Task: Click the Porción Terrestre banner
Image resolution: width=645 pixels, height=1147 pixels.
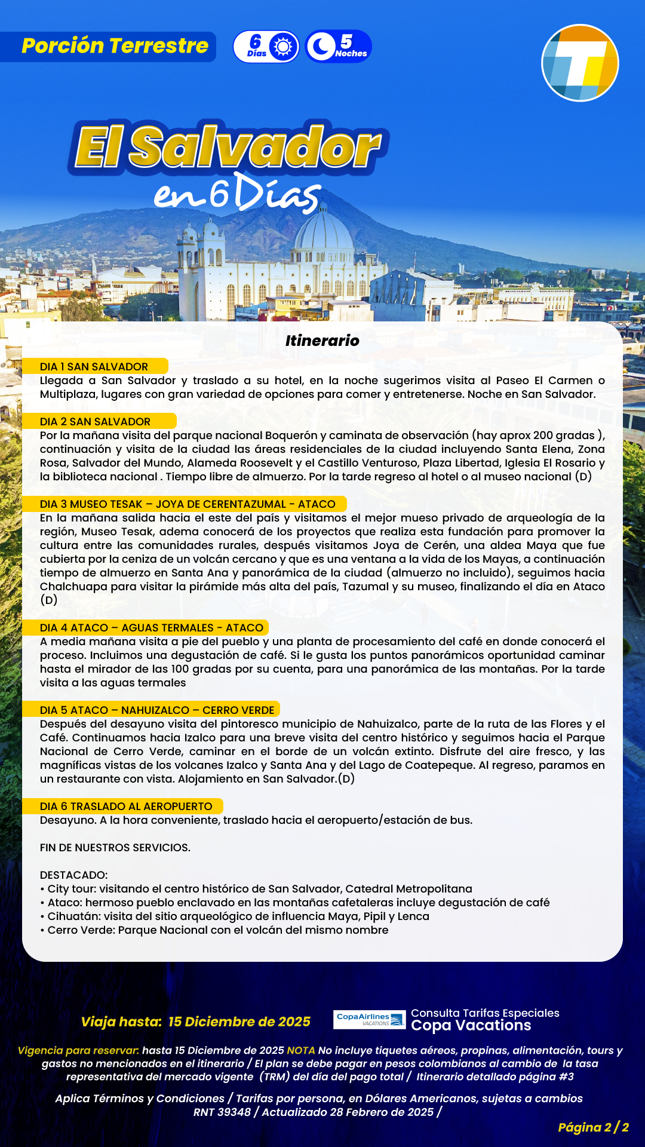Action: [x=113, y=47]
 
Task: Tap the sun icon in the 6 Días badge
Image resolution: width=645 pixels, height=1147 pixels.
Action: [x=282, y=47]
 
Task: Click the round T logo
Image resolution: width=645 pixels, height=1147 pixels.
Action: [x=580, y=63]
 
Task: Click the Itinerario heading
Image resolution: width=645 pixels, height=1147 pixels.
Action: [x=322, y=341]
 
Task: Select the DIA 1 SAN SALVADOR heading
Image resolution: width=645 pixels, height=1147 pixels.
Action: [x=94, y=367]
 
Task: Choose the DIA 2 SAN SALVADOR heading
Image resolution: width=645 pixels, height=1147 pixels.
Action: [x=96, y=422]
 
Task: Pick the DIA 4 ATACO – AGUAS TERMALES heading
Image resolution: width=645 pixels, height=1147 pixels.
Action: [x=152, y=628]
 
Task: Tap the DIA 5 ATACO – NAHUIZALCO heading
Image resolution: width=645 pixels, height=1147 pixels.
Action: [x=157, y=710]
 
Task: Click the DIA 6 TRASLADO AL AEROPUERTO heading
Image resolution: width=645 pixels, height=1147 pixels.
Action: [x=126, y=806]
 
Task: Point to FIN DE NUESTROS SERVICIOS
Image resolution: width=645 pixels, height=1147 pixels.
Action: [x=115, y=848]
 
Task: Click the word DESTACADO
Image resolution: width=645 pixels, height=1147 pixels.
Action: [x=73, y=875]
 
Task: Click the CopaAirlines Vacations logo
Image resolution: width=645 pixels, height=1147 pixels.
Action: [x=370, y=1019]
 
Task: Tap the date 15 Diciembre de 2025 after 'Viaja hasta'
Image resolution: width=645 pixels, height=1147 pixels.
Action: [x=239, y=1022]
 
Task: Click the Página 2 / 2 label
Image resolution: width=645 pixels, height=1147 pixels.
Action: [x=593, y=1127]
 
